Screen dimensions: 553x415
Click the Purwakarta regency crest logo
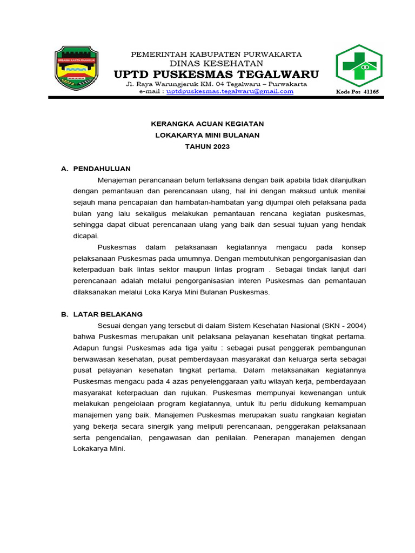click(76, 68)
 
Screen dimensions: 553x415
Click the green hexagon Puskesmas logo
click(359, 66)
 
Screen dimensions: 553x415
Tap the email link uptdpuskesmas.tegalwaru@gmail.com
click(230, 91)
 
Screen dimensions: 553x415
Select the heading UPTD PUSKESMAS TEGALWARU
click(216, 74)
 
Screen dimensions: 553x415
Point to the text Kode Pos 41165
click(357, 92)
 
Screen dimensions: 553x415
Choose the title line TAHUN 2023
click(207, 147)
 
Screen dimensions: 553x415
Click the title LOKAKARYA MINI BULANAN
click(207, 135)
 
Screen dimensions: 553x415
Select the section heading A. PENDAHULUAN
click(96, 169)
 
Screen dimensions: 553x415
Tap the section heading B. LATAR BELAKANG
click(102, 314)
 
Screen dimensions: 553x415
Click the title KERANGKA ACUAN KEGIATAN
click(207, 124)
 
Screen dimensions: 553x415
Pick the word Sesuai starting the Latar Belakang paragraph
click(110, 326)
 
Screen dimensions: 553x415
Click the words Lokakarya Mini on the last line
click(98, 449)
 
